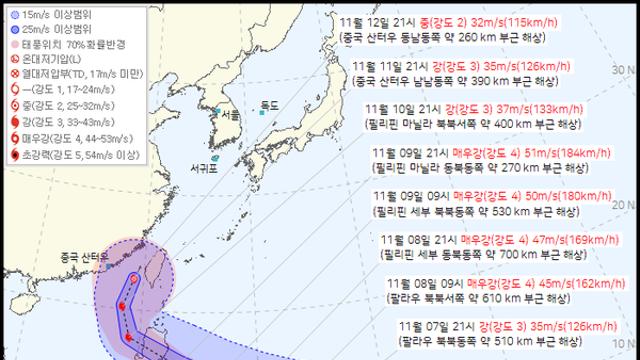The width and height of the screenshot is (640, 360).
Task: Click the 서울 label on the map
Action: click(230, 117)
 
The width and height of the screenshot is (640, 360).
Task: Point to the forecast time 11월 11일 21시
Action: click(391, 67)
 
